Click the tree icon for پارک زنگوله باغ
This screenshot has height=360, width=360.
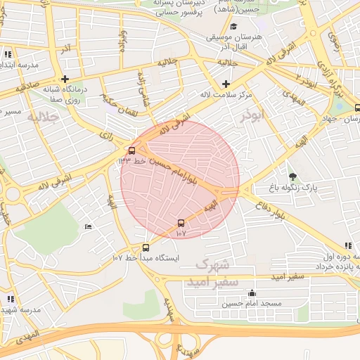[x=292, y=176]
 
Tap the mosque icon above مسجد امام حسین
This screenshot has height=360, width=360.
[x=252, y=292]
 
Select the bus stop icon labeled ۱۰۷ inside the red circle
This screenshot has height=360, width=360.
[x=181, y=223]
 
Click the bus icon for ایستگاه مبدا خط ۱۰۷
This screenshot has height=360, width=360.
[x=146, y=247]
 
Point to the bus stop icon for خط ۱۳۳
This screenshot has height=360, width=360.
[x=131, y=150]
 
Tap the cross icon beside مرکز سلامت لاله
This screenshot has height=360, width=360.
[x=226, y=83]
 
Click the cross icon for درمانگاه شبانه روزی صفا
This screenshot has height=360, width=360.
[x=65, y=79]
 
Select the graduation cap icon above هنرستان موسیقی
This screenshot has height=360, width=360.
[x=234, y=26]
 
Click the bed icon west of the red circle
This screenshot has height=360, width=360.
[x=88, y=226]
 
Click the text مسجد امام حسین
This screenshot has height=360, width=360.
[x=252, y=303]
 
